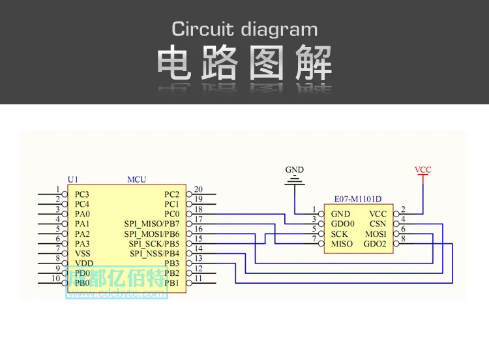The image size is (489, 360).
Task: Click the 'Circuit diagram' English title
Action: click(x=244, y=29)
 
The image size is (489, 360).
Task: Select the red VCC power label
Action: click(x=423, y=170)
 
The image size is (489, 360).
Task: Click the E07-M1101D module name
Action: click(x=358, y=199)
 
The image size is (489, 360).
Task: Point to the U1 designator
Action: click(x=72, y=179)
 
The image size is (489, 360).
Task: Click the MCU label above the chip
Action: click(x=137, y=179)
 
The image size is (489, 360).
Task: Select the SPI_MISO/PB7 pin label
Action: click(x=152, y=224)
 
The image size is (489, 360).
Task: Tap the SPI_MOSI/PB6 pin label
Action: click(x=152, y=234)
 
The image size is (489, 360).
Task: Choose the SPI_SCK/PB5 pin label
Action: click(x=154, y=244)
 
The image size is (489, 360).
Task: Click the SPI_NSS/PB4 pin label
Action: click(x=155, y=254)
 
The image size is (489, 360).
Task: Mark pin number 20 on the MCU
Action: click(x=198, y=189)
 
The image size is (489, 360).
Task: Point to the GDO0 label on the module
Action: click(x=343, y=224)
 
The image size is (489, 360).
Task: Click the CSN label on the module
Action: click(x=378, y=224)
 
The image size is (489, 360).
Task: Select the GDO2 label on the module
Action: click(x=375, y=244)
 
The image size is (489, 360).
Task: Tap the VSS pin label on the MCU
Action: click(x=82, y=254)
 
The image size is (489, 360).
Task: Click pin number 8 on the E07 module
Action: click(x=403, y=239)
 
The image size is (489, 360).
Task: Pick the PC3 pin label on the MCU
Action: click(x=81, y=194)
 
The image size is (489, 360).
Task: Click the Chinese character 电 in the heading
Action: click(x=173, y=63)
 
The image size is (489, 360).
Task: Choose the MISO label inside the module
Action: click(x=342, y=244)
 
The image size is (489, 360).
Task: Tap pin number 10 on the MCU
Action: click(x=56, y=278)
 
